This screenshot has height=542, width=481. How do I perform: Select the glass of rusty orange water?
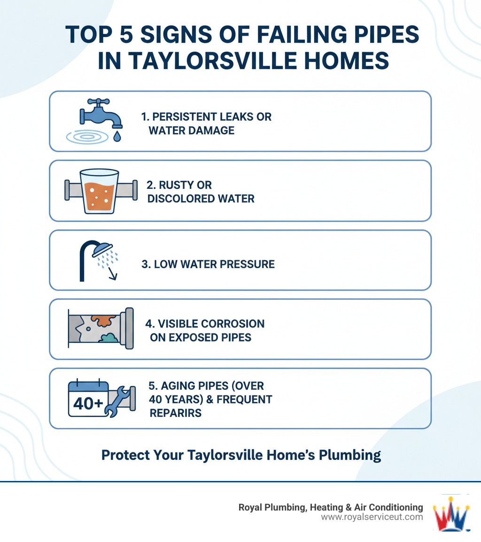99,191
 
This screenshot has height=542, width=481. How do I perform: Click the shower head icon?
102,248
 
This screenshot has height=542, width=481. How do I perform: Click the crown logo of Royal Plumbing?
451,513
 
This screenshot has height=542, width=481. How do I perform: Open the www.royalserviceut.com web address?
372,517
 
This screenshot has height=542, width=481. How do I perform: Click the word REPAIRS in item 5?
176,413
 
